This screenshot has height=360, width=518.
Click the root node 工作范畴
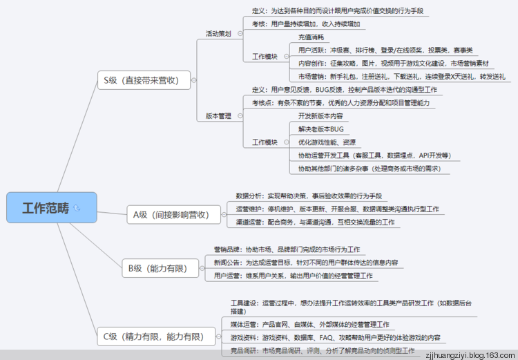[46, 207]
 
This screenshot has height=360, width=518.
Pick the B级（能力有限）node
[157, 267]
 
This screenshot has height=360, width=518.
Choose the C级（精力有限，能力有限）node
[153, 337]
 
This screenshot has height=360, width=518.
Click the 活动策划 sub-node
[218, 33]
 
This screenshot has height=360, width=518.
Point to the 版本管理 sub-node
[218, 116]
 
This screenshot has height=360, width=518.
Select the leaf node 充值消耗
[311, 37]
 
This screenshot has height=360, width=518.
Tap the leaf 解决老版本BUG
[320, 129]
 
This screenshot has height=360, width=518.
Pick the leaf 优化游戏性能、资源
[327, 142]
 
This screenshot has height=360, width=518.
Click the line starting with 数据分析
[309, 196]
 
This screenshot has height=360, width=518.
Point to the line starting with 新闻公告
[305, 262]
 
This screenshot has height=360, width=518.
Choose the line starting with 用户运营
[295, 275]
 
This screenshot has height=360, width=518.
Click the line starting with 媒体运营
[309, 324]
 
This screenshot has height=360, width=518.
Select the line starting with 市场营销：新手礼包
[401, 76]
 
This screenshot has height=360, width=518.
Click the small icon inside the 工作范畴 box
[77, 207]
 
